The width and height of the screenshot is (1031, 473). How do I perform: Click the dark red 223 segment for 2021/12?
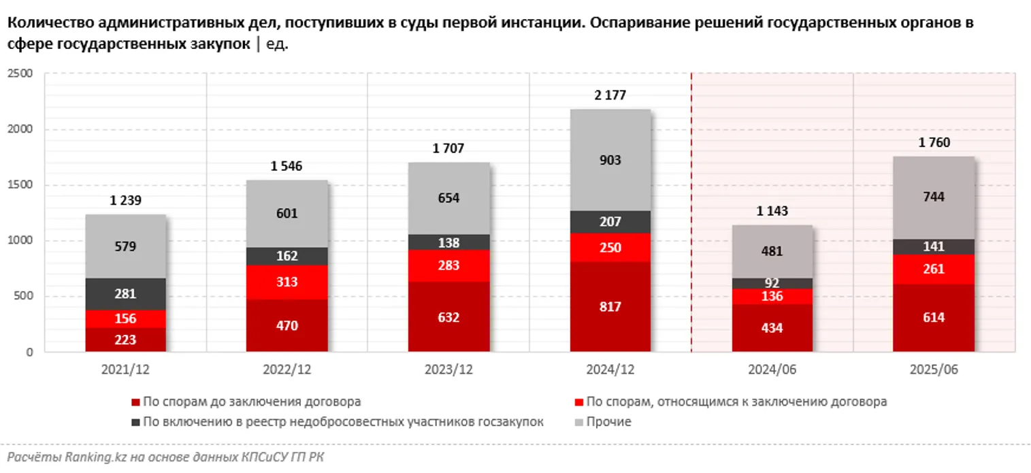coord(125,340)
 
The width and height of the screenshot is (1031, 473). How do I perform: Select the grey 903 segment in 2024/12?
coord(610,160)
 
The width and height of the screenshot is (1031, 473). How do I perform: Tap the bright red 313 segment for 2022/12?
coord(287,282)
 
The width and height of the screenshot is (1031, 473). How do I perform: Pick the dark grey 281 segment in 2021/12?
coord(125,294)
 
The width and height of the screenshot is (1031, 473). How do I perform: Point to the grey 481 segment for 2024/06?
coord(772,251)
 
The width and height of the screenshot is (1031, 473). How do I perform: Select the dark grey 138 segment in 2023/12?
coord(449,242)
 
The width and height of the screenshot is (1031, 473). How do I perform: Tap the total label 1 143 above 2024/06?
coord(772,211)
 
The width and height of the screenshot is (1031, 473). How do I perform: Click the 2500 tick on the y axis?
coord(20,74)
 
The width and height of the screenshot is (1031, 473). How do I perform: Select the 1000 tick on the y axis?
coord(20,241)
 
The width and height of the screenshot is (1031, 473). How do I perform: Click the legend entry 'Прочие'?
coord(608,422)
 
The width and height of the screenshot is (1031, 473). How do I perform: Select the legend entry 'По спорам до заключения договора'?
coord(252,402)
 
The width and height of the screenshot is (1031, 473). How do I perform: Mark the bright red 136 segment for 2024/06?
coord(772,297)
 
